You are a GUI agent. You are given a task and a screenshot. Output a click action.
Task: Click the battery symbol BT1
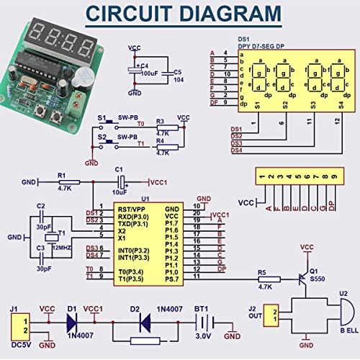tap(199, 322)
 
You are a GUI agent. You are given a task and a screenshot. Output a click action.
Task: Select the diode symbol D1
tap(72, 322)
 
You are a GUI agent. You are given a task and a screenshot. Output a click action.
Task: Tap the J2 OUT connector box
tap(272, 315)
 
